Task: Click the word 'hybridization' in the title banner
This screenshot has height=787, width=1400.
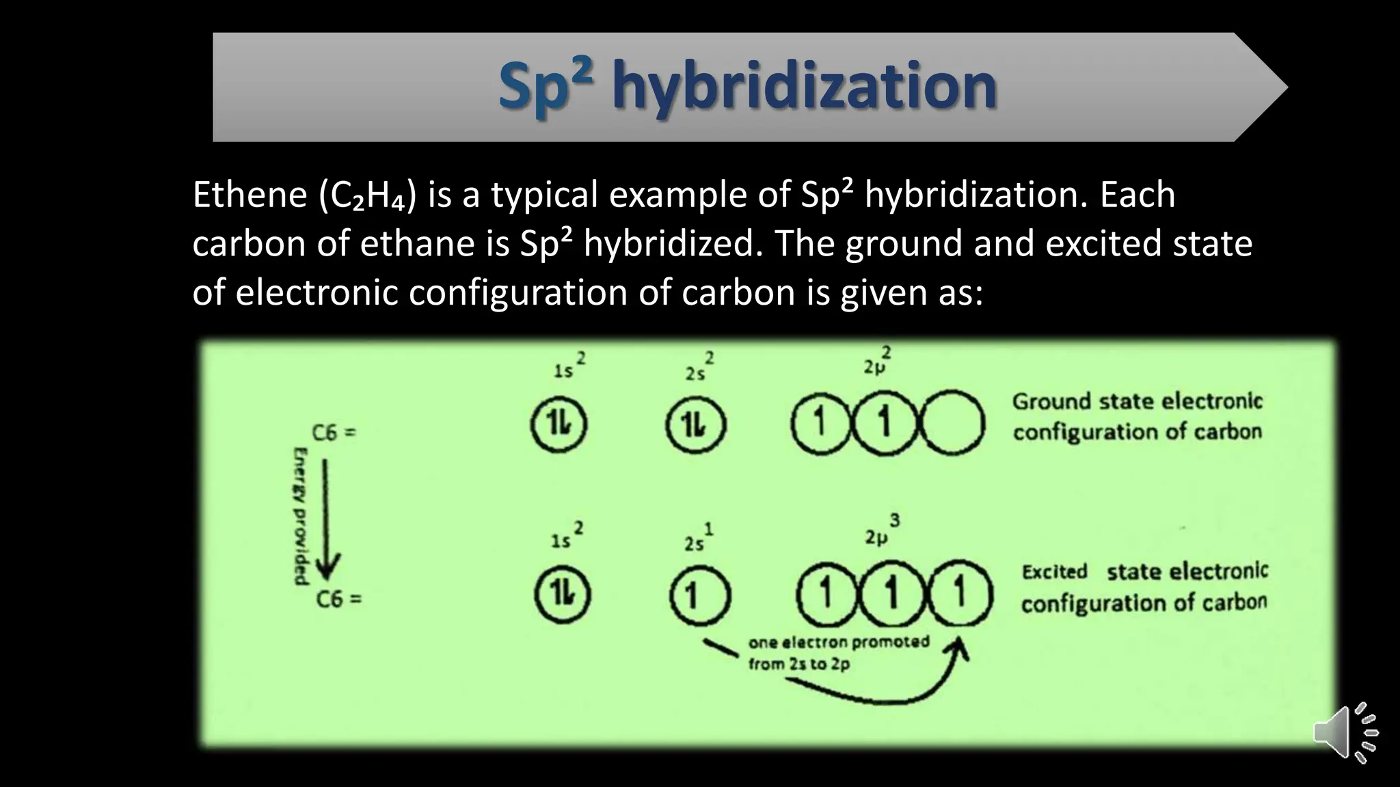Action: [x=804, y=86]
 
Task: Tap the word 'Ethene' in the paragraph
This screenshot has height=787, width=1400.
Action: [x=250, y=195]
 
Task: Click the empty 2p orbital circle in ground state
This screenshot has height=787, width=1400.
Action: [x=953, y=423]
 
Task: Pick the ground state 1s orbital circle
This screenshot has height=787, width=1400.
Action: [x=559, y=424]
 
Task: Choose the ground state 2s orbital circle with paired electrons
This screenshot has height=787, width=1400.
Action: [x=695, y=424]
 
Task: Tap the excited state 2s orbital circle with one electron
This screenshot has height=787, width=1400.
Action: [x=699, y=595]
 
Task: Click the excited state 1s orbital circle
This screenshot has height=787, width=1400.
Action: [x=563, y=594]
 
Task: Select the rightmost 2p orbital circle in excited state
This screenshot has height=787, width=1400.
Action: [x=960, y=592]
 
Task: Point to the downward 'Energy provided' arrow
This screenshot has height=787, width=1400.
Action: [x=326, y=519]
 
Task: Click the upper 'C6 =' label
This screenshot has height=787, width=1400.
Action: [x=334, y=432]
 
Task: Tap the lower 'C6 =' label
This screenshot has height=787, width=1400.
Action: [x=338, y=599]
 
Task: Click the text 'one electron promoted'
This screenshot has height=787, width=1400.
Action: [x=839, y=642]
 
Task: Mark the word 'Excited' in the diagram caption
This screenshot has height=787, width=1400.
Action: [x=1054, y=571]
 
